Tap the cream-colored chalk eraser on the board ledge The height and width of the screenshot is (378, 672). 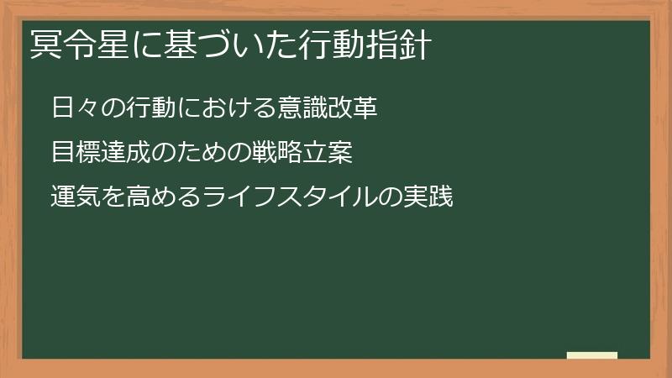[x=592, y=356]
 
